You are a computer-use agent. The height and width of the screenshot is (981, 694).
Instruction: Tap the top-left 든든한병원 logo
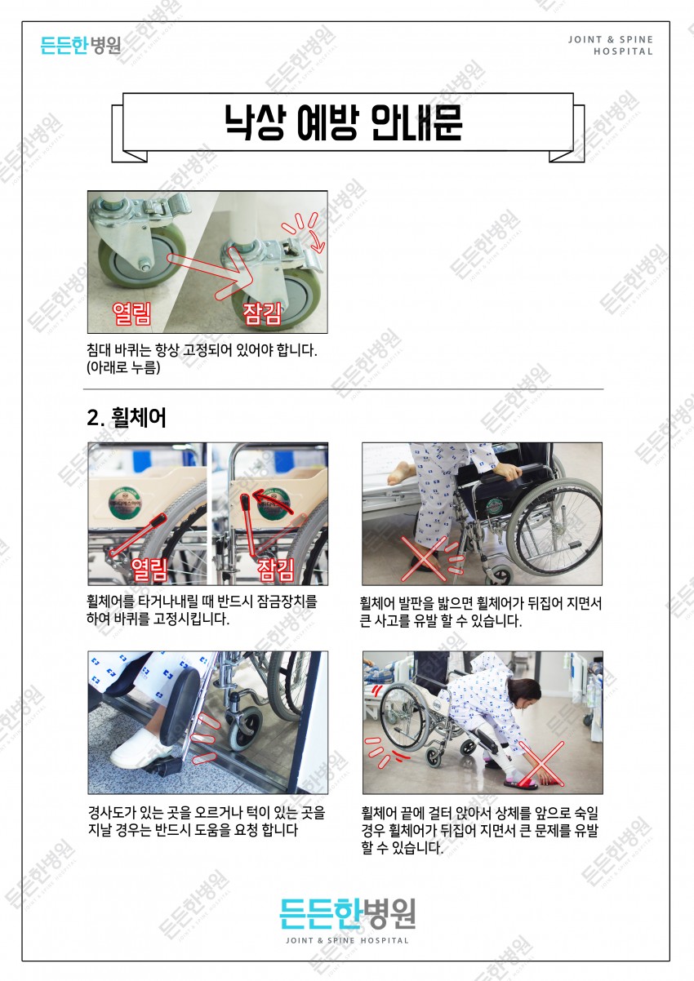click(x=80, y=45)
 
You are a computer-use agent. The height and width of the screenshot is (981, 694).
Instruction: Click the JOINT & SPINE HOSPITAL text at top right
click(x=611, y=45)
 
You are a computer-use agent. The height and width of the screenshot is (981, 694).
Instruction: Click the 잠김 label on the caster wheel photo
click(x=267, y=313)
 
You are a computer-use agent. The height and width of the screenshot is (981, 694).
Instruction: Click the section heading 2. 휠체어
click(x=127, y=418)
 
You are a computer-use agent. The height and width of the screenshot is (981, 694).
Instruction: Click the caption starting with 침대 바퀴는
click(x=201, y=350)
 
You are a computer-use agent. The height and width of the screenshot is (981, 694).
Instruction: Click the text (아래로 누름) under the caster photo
click(x=123, y=368)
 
